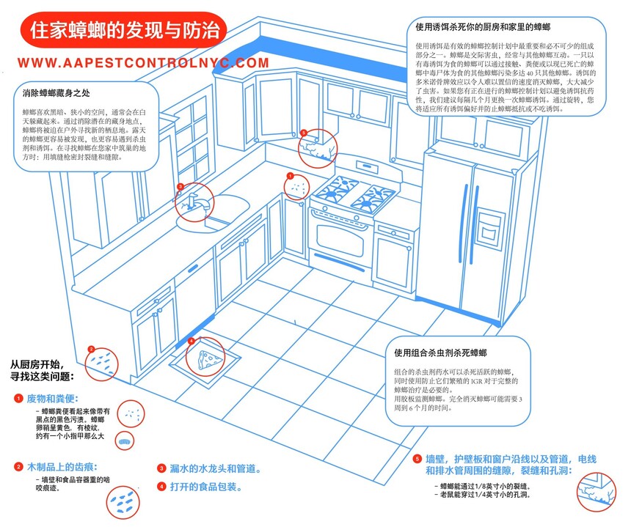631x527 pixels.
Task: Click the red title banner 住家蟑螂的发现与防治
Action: click(x=123, y=32)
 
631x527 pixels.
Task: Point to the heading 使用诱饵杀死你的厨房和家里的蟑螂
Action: click(x=483, y=27)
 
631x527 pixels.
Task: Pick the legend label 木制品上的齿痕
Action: click(x=62, y=466)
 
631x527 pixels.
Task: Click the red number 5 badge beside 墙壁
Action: click(x=417, y=459)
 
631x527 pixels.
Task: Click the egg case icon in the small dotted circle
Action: click(x=124, y=442)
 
